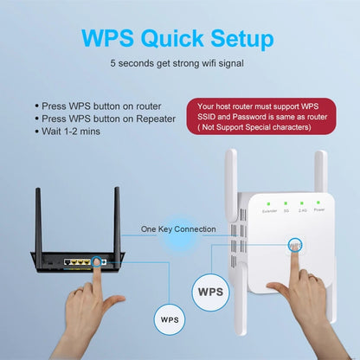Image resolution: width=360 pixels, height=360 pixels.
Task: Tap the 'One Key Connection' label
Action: coord(178,229)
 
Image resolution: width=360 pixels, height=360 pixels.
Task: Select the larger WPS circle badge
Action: coord(209,292)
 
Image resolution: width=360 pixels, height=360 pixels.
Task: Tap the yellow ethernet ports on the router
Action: coord(81,260)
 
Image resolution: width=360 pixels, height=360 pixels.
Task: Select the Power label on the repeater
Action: coord(319,210)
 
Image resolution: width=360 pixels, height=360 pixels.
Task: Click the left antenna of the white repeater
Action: coord(231,186)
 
